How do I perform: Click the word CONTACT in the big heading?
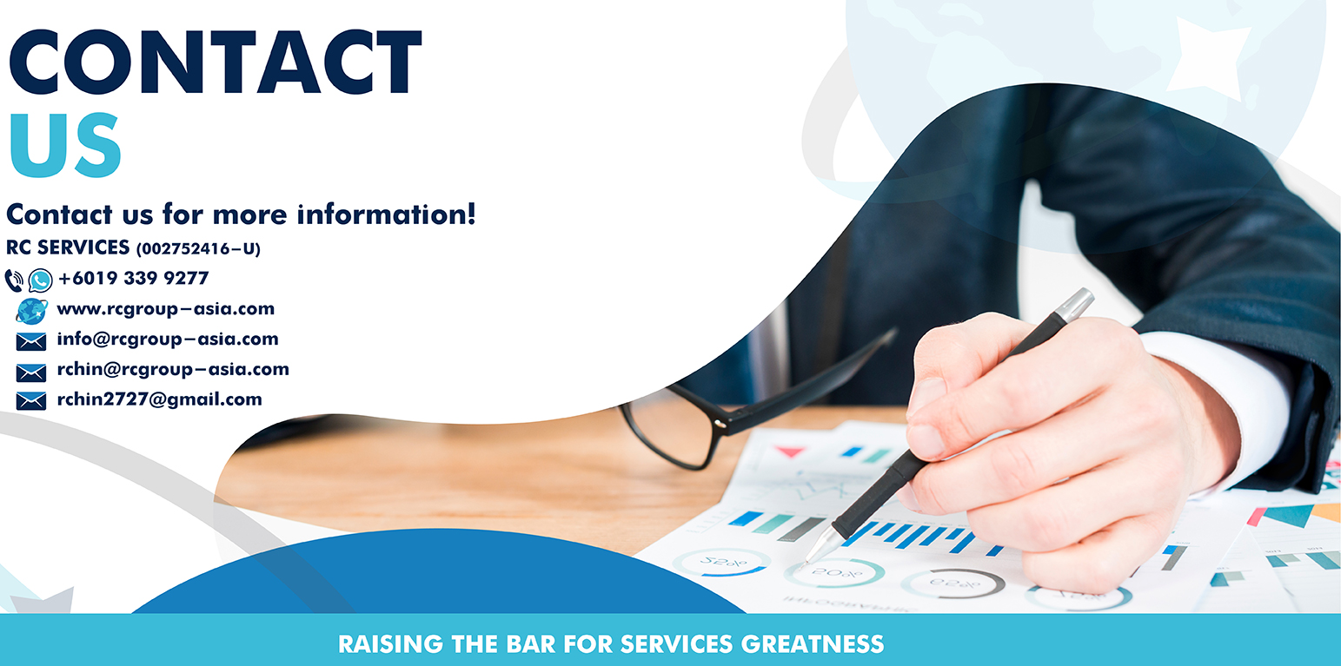point(216,62)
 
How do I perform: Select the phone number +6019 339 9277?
point(134,278)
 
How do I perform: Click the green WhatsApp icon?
point(40,280)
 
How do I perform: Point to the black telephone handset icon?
point(14,280)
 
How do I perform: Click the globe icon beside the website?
point(32,311)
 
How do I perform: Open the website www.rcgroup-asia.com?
point(166,309)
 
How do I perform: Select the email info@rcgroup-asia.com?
point(168,340)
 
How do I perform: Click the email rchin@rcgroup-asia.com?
point(173,369)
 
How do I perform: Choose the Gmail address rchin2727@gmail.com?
point(159,399)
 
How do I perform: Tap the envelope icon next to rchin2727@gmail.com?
point(31,401)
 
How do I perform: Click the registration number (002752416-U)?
point(199,249)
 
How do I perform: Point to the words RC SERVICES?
point(68,247)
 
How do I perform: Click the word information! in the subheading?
point(387,214)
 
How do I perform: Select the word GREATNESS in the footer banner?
point(813,644)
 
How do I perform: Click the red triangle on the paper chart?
point(790,452)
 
